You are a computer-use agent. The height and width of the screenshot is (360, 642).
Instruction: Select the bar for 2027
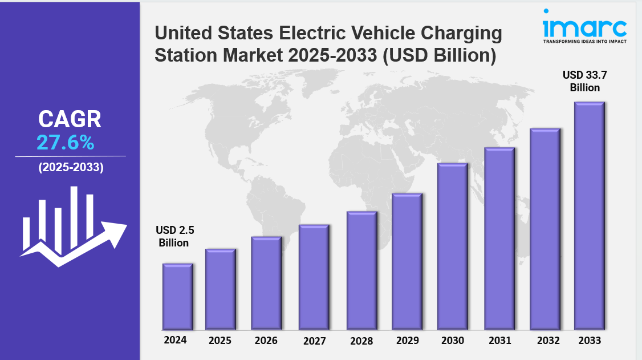coord(314,277)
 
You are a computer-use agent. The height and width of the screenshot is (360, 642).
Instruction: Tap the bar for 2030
coord(453,246)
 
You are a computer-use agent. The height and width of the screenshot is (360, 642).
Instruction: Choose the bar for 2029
coord(407,262)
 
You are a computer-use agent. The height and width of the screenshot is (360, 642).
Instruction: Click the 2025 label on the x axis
coord(220,341)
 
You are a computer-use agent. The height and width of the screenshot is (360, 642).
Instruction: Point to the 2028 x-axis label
coord(361,341)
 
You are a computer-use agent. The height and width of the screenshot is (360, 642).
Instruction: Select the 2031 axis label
coord(499,341)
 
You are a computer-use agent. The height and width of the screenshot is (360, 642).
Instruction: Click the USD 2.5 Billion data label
coord(174,237)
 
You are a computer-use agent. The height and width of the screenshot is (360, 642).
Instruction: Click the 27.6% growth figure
coord(66,143)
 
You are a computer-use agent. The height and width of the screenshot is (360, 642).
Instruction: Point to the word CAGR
coord(70,119)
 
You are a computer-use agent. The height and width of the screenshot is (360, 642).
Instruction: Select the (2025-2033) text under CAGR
coord(71,168)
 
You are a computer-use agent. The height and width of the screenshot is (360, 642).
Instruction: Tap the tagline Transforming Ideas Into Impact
coord(584,42)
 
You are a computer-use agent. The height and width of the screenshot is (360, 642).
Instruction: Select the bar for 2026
coord(266,284)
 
